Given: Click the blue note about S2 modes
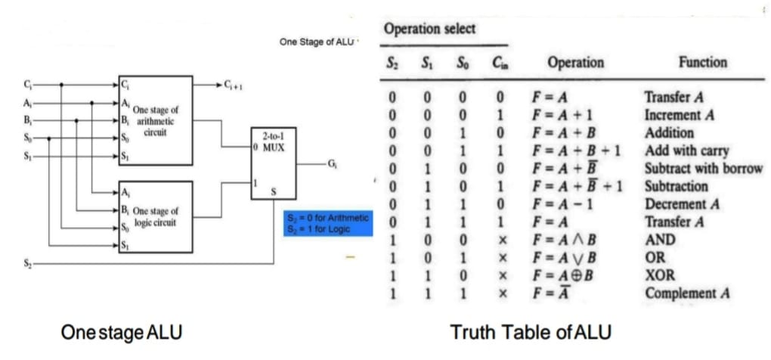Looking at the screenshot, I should click(328, 224).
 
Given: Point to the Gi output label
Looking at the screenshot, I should click(330, 163).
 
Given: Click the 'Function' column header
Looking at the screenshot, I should click(702, 63).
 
